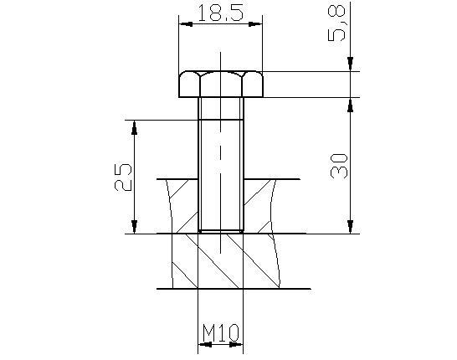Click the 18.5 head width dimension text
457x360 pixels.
click(x=220, y=13)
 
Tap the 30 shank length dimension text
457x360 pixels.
click(x=339, y=166)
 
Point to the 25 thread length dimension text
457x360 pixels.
click(x=123, y=177)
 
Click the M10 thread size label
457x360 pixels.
click(x=221, y=332)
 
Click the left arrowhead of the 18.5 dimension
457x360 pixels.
click(x=186, y=24)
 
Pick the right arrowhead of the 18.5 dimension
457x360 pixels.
click(x=255, y=24)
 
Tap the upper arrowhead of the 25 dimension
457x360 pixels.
click(x=134, y=127)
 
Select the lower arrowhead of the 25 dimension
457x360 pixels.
click(x=134, y=227)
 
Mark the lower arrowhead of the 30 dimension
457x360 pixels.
click(x=351, y=227)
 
